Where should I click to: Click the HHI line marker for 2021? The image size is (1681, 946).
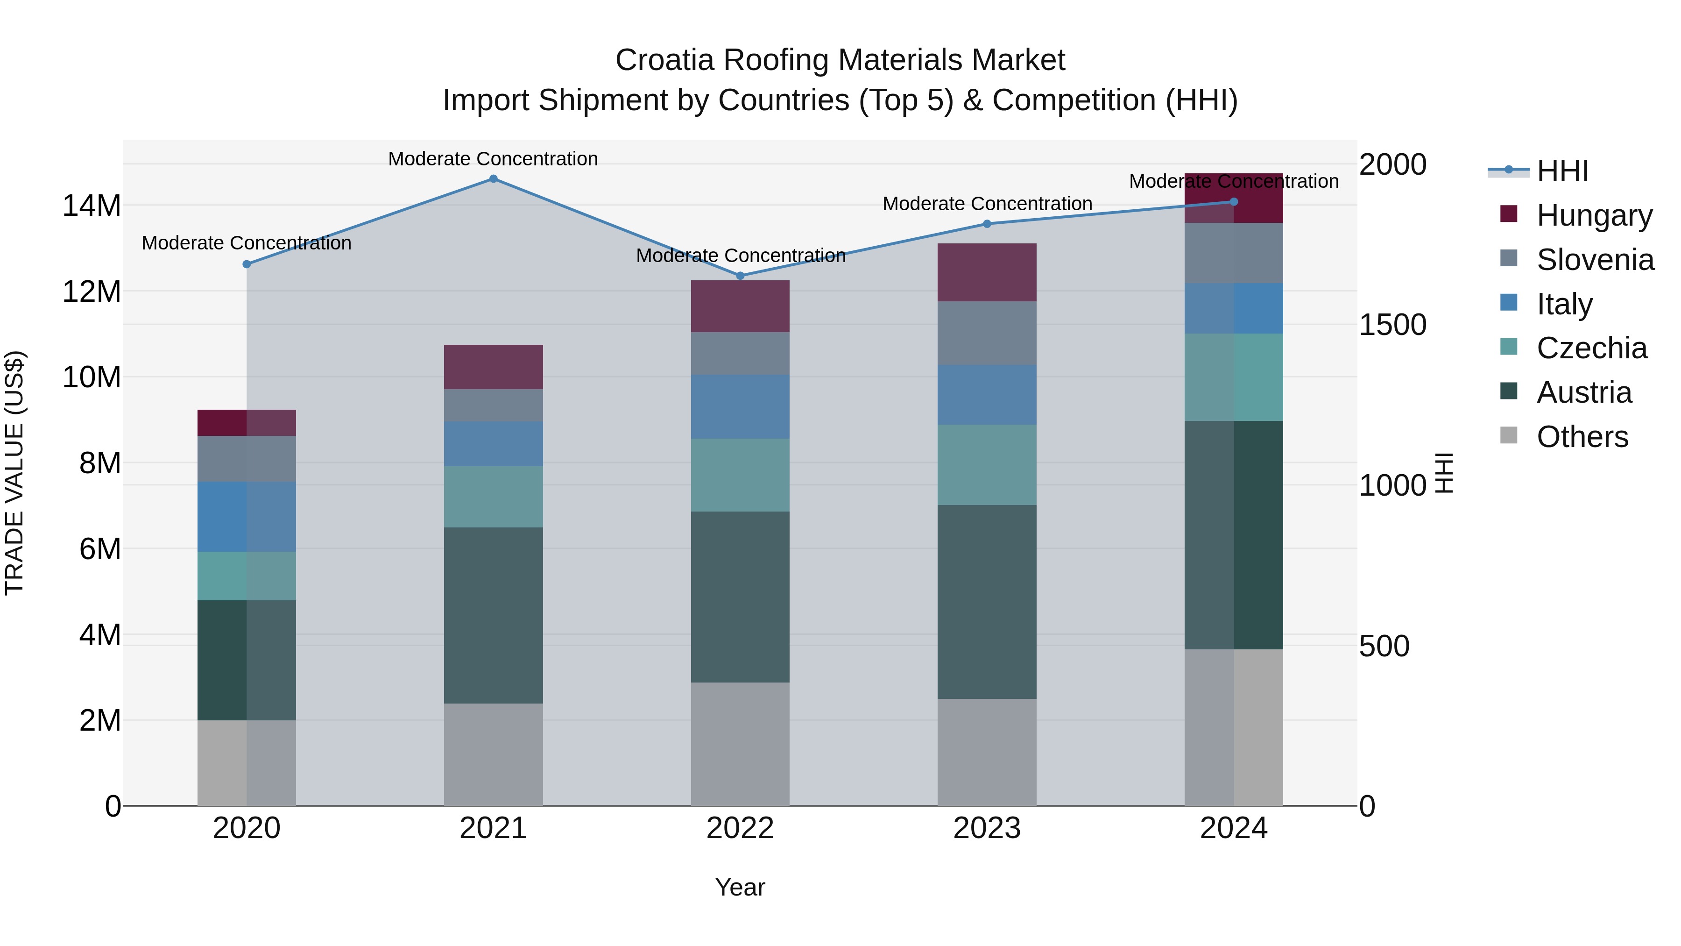tap(494, 179)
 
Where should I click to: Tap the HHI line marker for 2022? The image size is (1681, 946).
tap(740, 276)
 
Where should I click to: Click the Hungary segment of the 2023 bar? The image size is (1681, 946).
tap(987, 272)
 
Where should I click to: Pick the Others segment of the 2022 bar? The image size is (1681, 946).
tap(740, 744)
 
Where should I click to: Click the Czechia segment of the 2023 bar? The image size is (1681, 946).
tap(987, 464)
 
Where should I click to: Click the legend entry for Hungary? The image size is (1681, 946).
tap(1594, 215)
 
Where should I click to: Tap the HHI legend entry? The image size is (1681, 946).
tap(1561, 171)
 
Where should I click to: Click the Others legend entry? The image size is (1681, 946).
tap(1582, 437)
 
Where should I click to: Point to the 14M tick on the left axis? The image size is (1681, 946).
tap(92, 206)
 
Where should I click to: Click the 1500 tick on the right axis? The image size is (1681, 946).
tap(1392, 325)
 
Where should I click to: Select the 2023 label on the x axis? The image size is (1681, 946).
tap(987, 828)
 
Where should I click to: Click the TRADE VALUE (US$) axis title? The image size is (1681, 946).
tap(14, 473)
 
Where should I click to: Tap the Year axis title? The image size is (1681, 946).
tap(740, 887)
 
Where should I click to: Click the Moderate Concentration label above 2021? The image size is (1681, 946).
tap(494, 159)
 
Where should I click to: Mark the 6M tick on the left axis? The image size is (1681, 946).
tap(100, 549)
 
